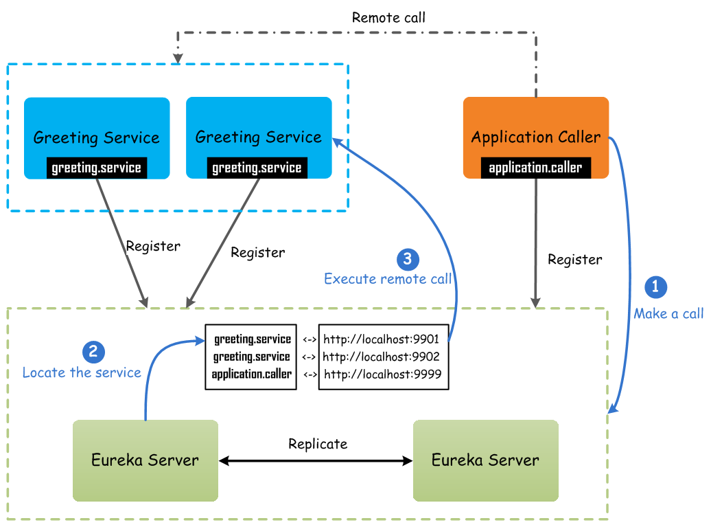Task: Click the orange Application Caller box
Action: pos(535,137)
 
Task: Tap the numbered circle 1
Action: pos(655,287)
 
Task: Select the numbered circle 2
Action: pos(93,352)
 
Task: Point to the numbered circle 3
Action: pos(408,259)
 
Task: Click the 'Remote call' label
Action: pos(388,18)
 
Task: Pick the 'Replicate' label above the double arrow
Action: pos(318,443)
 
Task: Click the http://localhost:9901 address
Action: pos(381,339)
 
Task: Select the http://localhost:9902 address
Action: pos(381,357)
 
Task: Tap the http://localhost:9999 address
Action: pos(383,374)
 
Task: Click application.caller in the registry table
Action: pos(252,374)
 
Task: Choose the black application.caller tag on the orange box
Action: pos(535,168)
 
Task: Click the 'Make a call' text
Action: pos(668,313)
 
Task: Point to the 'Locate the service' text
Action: pos(82,372)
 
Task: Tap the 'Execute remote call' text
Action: pos(388,279)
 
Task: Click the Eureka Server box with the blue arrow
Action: pos(145,460)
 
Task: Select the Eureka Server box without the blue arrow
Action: pos(486,460)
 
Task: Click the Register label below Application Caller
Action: pos(575,260)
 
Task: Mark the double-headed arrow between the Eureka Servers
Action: pos(316,461)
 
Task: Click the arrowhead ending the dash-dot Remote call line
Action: pos(178,58)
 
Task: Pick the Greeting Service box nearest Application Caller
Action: pos(259,137)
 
